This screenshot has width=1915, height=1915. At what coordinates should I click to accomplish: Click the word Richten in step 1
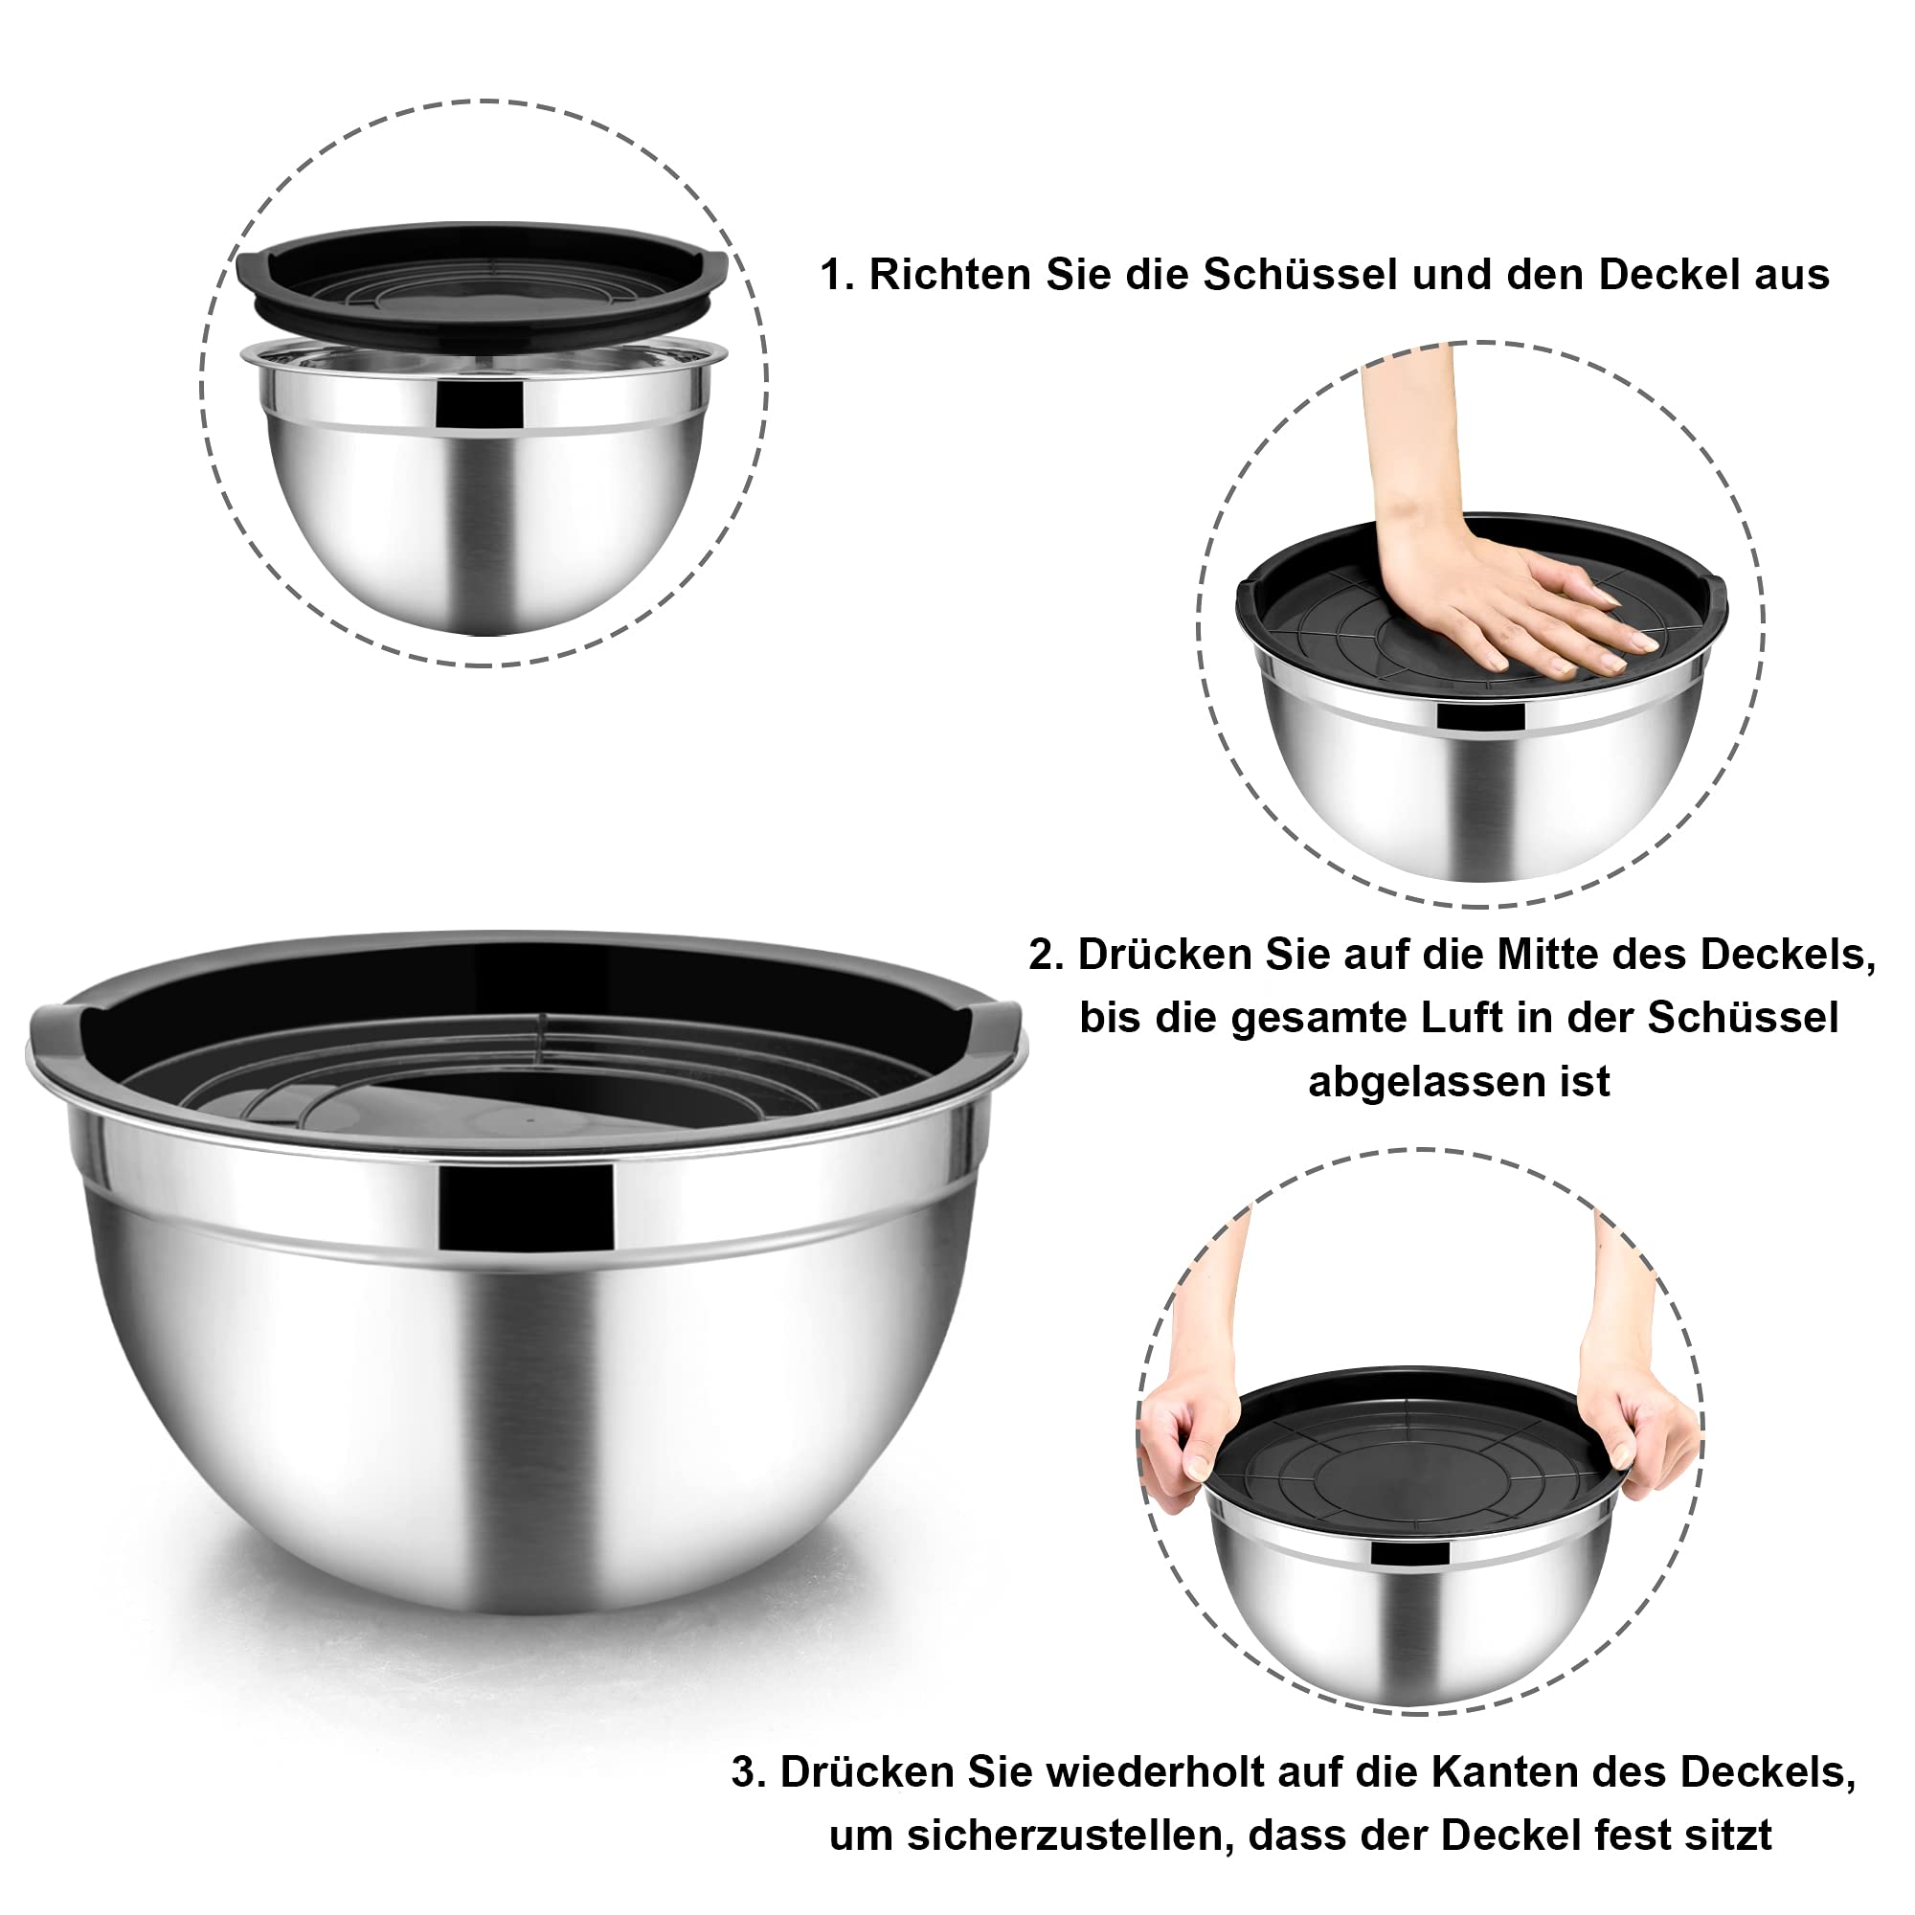951,275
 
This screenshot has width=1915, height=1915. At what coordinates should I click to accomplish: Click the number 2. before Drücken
1047,955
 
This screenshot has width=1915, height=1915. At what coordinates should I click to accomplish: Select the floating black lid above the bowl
482,283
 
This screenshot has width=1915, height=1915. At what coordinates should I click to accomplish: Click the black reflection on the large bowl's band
527,1206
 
